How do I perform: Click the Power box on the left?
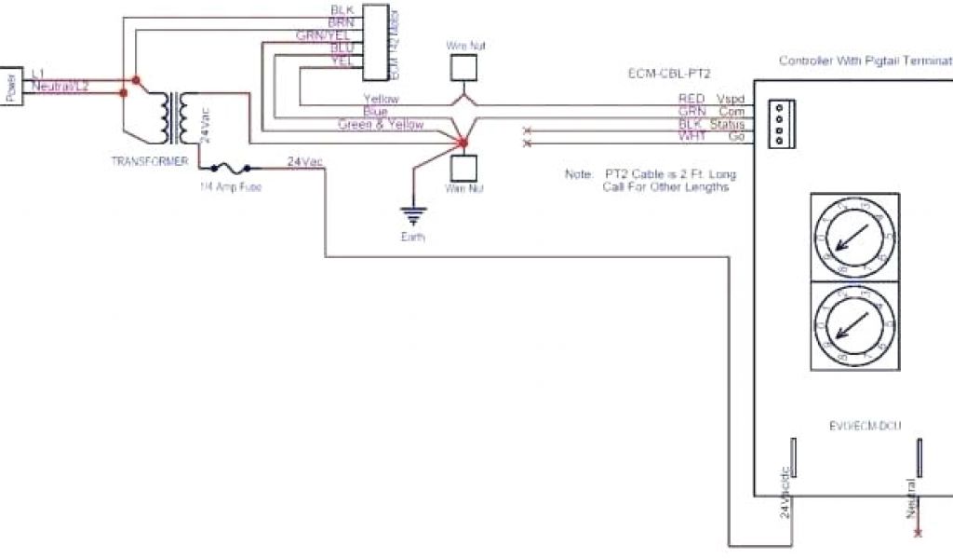coord(11,86)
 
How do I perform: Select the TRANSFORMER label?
coord(150,161)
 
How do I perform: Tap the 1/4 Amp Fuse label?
coord(230,186)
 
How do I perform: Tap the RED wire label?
coord(691,98)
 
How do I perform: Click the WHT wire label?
coord(691,137)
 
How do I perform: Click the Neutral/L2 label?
coord(60,86)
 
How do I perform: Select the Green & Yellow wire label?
coord(380,124)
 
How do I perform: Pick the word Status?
coord(728,124)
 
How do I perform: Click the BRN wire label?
coord(342,22)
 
